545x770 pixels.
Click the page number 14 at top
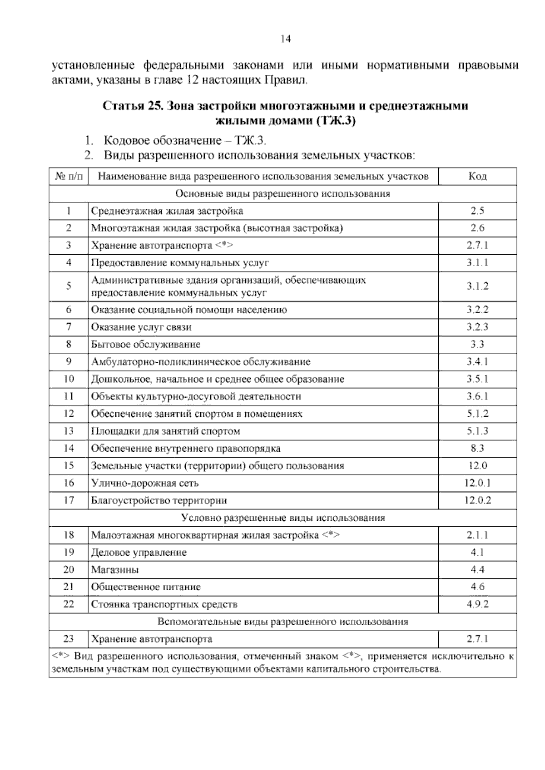(285, 39)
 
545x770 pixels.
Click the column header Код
(477, 176)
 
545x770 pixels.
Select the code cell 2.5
(477, 211)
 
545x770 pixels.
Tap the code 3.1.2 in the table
(477, 286)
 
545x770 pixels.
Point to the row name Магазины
(115, 569)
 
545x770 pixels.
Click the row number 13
(69, 431)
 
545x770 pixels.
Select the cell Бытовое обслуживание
(146, 344)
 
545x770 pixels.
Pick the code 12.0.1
(477, 483)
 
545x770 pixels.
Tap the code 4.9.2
(477, 604)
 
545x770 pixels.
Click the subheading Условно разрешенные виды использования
(283, 518)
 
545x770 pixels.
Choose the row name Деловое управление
(139, 553)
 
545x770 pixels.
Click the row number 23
(69, 639)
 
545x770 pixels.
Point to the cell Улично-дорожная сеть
(145, 483)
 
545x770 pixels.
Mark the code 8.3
(477, 449)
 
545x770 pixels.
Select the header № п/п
(69, 176)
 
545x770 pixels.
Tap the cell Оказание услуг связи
(141, 327)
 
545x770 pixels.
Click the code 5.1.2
(477, 414)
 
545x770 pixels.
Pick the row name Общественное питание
(146, 587)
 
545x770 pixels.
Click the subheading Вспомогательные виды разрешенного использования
(283, 622)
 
